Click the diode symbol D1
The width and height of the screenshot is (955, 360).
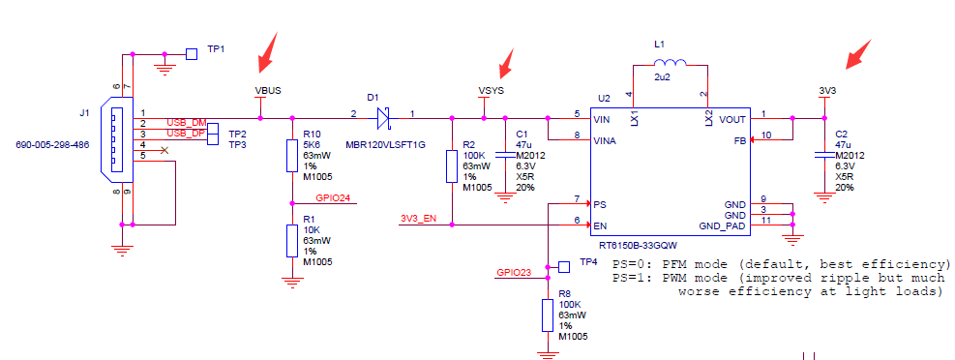385,119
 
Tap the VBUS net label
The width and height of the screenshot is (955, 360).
268,90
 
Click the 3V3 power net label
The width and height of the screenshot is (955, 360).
826,91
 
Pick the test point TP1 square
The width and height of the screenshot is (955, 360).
191,53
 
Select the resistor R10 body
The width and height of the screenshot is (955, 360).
291,155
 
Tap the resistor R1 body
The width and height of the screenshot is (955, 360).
291,240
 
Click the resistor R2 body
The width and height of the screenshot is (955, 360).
451,165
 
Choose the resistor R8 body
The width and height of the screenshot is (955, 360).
549,314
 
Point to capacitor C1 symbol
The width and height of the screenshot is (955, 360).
503,154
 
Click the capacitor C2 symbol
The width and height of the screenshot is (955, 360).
822,153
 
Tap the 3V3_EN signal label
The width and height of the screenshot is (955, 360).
418,218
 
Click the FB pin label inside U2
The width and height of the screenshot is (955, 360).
739,141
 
